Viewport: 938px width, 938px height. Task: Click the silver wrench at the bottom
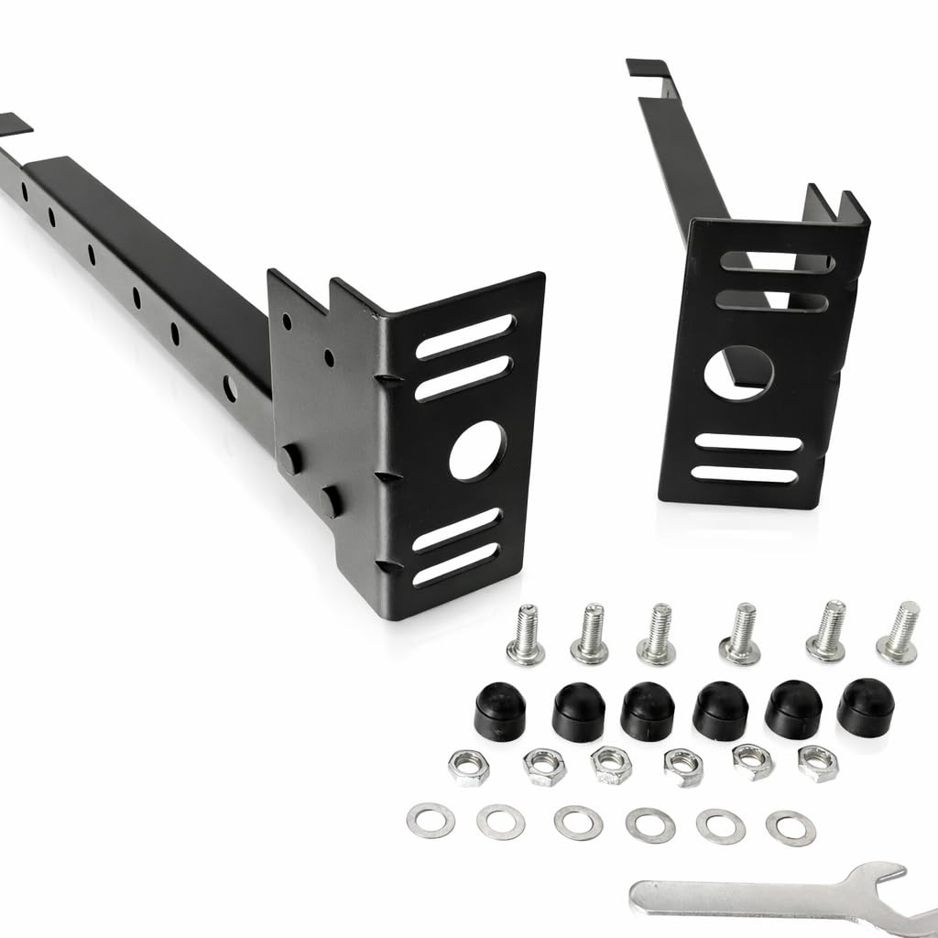[x=751, y=894]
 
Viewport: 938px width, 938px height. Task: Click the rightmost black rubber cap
[x=864, y=704]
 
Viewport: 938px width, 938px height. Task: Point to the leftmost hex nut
[x=468, y=767]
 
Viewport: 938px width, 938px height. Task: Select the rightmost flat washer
[x=791, y=827]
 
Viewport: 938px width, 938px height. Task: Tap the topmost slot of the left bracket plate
[x=466, y=336]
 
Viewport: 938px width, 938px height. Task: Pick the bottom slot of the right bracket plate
[x=747, y=474]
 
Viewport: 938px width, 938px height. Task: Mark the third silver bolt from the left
[x=656, y=635]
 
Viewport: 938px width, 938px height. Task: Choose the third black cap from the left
[x=648, y=711]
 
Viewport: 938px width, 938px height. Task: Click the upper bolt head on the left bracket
[x=290, y=458]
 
